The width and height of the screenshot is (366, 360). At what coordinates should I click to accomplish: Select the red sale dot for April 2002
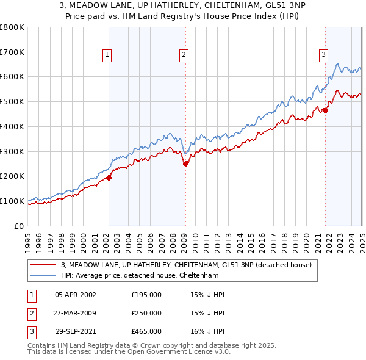(x=109, y=178)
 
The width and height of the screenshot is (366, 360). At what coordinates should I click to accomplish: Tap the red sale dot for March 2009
(x=186, y=164)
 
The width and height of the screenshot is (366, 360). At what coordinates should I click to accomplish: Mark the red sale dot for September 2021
(x=325, y=110)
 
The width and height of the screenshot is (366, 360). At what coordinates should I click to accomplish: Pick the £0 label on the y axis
(x=18, y=226)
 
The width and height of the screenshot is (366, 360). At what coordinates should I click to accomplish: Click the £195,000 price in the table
(x=146, y=295)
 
